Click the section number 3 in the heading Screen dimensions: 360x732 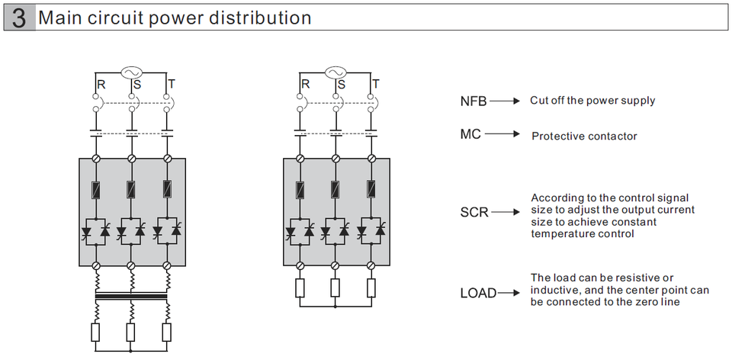19,18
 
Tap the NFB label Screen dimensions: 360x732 474,101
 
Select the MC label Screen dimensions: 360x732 470,135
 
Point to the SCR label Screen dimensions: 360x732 474,212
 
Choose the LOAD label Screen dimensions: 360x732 478,293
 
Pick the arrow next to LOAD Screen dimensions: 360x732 511,292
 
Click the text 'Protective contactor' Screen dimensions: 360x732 584,136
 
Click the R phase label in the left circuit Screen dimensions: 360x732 101,85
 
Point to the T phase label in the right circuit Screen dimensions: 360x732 376,85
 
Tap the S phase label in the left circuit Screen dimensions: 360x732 137,85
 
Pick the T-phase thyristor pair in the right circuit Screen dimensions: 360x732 371,228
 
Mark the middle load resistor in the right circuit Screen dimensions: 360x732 335,288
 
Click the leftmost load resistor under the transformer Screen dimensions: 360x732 96,333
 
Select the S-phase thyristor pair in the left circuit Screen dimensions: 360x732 131,229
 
